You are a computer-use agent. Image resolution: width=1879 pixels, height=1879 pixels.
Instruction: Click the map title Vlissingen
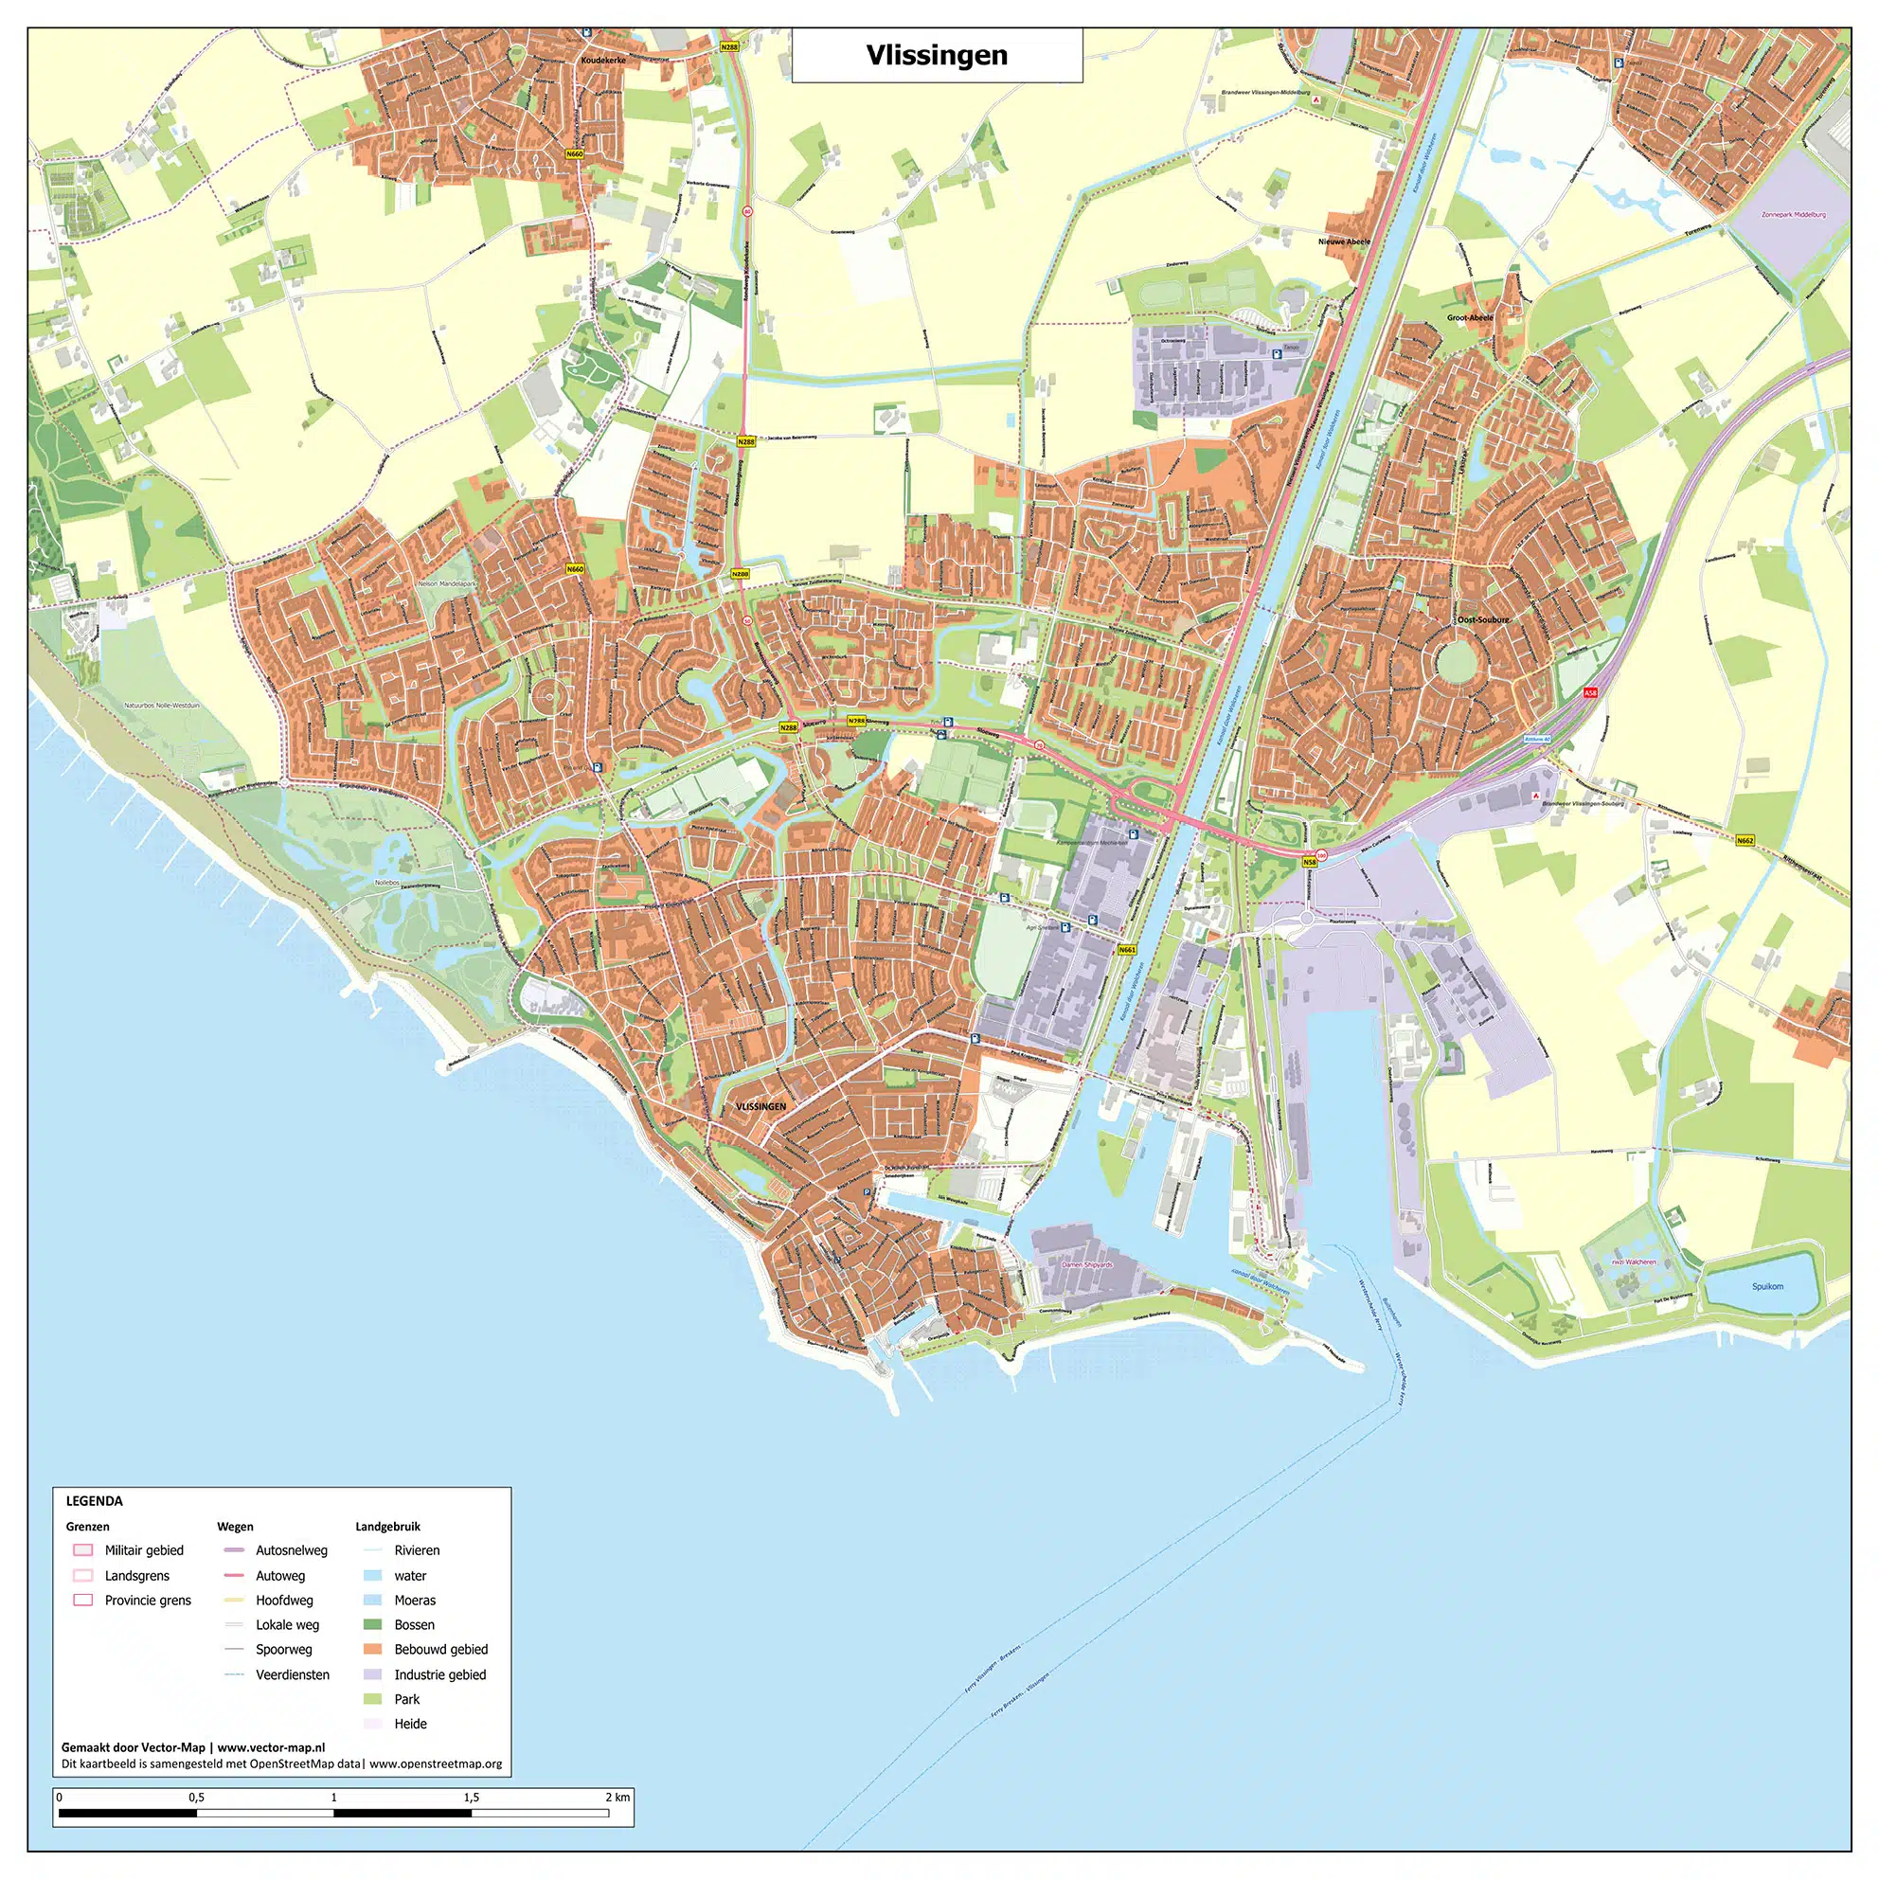(936, 56)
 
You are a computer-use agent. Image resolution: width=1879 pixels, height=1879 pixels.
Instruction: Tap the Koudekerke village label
(603, 61)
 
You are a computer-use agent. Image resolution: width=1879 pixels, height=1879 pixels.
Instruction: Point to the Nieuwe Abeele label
(1344, 242)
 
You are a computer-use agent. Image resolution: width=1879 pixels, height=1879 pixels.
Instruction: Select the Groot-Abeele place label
(1470, 318)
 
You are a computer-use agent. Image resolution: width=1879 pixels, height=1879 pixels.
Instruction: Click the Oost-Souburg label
(1483, 619)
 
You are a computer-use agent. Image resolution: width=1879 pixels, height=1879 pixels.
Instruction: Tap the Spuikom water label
(1767, 1287)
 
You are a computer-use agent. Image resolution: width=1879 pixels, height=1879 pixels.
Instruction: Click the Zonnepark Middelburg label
(1794, 215)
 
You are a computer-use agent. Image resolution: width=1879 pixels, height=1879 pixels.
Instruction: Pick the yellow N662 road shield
(1745, 840)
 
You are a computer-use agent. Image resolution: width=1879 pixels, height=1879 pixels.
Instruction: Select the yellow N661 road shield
(1126, 949)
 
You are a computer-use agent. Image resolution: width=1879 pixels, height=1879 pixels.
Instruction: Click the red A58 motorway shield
(1590, 692)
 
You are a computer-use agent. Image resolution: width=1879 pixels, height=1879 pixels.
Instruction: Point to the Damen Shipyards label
(1086, 1265)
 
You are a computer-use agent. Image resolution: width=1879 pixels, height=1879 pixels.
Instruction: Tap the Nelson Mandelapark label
(446, 583)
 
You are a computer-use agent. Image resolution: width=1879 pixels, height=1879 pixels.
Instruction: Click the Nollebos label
(387, 883)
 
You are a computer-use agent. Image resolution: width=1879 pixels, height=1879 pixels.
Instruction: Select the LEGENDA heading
(95, 1501)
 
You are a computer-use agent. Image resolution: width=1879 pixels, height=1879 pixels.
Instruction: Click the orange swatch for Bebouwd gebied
(371, 1649)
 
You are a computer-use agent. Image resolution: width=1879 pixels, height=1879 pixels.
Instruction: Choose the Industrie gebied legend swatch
(371, 1673)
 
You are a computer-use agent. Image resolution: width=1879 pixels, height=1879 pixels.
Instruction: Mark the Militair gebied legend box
(83, 1550)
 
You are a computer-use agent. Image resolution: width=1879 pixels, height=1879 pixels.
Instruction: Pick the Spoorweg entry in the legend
(284, 1649)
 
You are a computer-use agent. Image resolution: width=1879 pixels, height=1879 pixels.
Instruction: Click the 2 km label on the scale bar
(617, 1797)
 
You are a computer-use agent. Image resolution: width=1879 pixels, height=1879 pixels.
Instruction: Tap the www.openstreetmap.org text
(436, 1763)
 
